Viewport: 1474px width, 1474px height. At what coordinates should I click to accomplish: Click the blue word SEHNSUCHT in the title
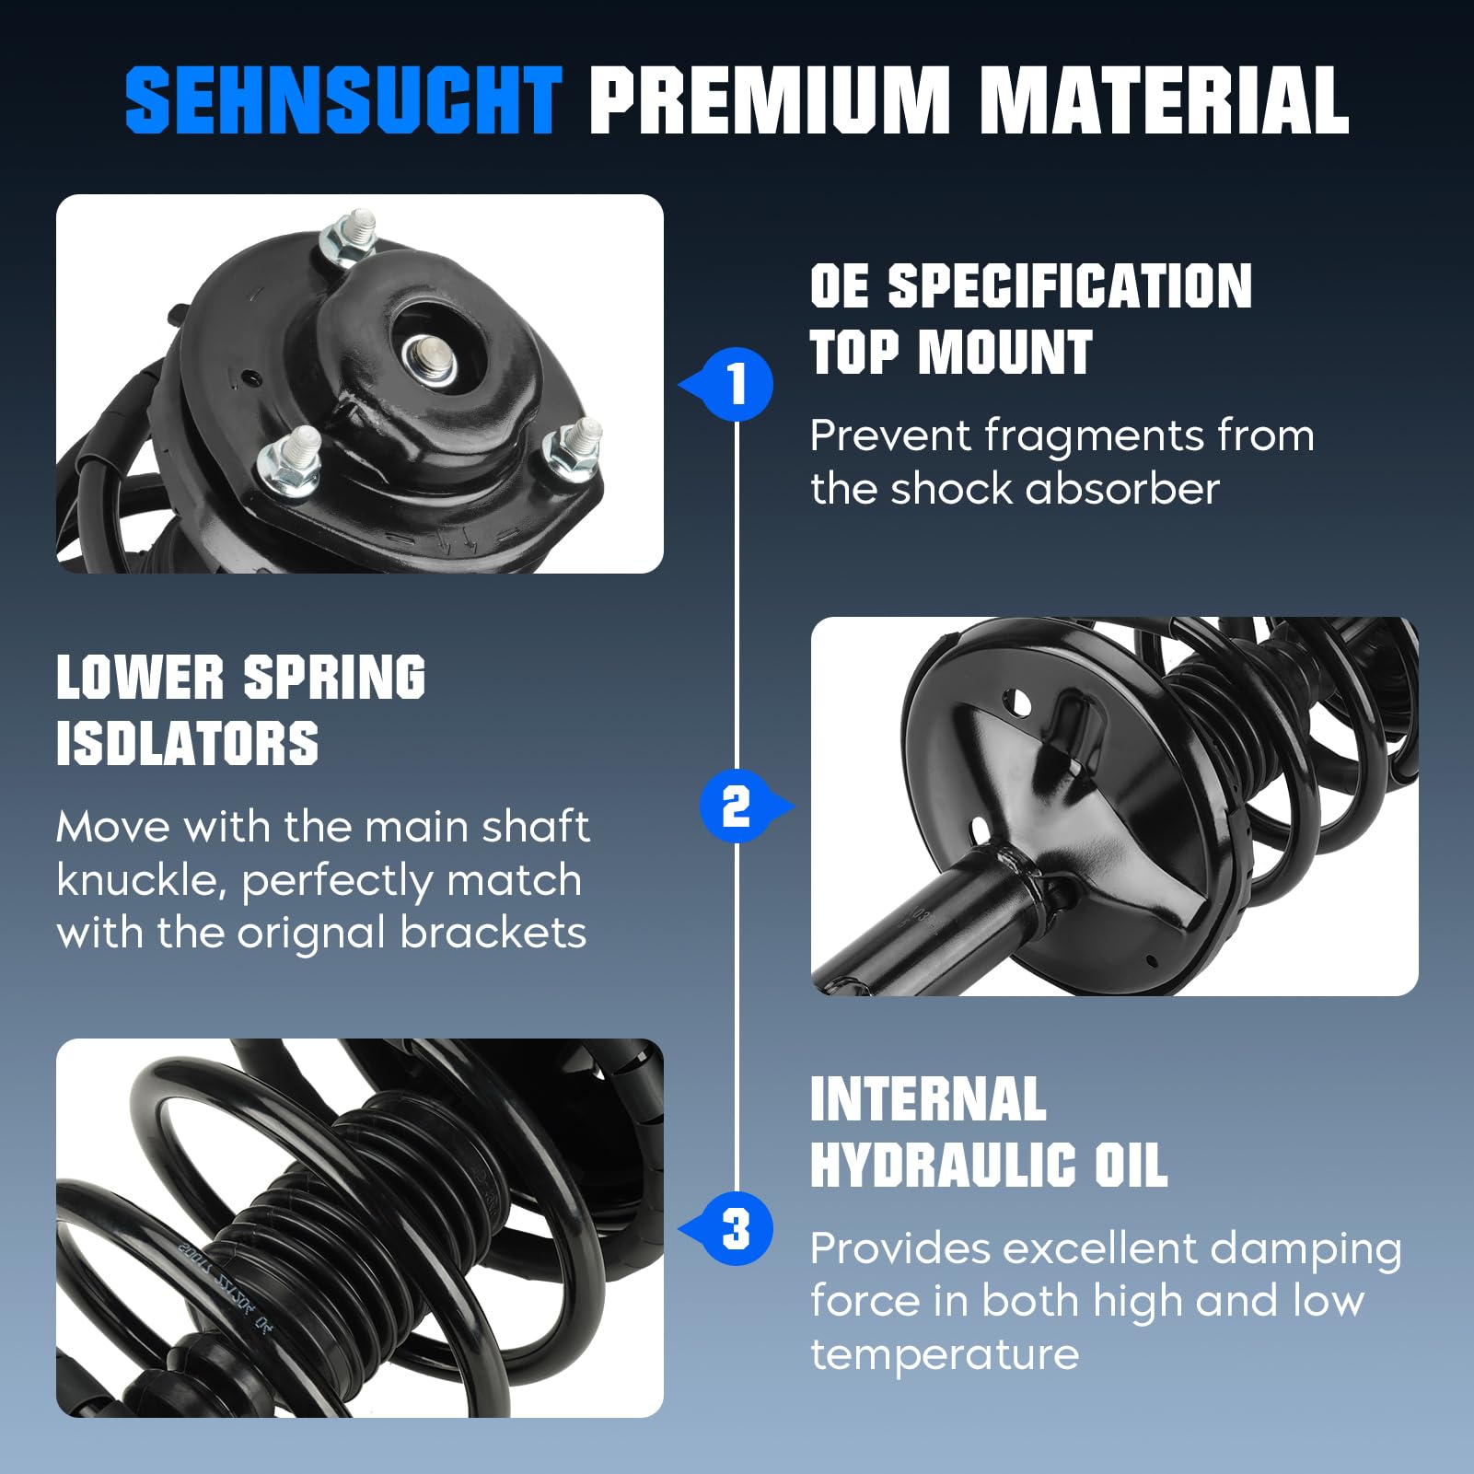click(342, 100)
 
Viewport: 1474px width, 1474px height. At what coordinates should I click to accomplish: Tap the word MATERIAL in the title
click(1164, 100)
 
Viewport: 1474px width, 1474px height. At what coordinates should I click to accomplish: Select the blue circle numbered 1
click(737, 384)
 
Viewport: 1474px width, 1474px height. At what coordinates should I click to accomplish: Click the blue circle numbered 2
click(736, 807)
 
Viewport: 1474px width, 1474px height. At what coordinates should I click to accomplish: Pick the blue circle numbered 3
click(736, 1229)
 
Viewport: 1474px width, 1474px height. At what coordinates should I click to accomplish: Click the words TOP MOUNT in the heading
click(950, 353)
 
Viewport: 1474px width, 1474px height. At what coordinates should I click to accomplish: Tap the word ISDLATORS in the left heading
click(187, 744)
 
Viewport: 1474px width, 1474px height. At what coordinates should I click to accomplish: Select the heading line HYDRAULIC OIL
click(988, 1166)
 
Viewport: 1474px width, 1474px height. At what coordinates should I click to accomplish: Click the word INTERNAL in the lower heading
click(927, 1099)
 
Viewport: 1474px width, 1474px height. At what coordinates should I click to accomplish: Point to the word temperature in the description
click(944, 1354)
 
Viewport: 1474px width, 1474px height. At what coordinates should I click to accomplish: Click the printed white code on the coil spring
click(226, 1284)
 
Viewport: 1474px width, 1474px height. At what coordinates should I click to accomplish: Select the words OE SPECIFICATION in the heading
click(1030, 286)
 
